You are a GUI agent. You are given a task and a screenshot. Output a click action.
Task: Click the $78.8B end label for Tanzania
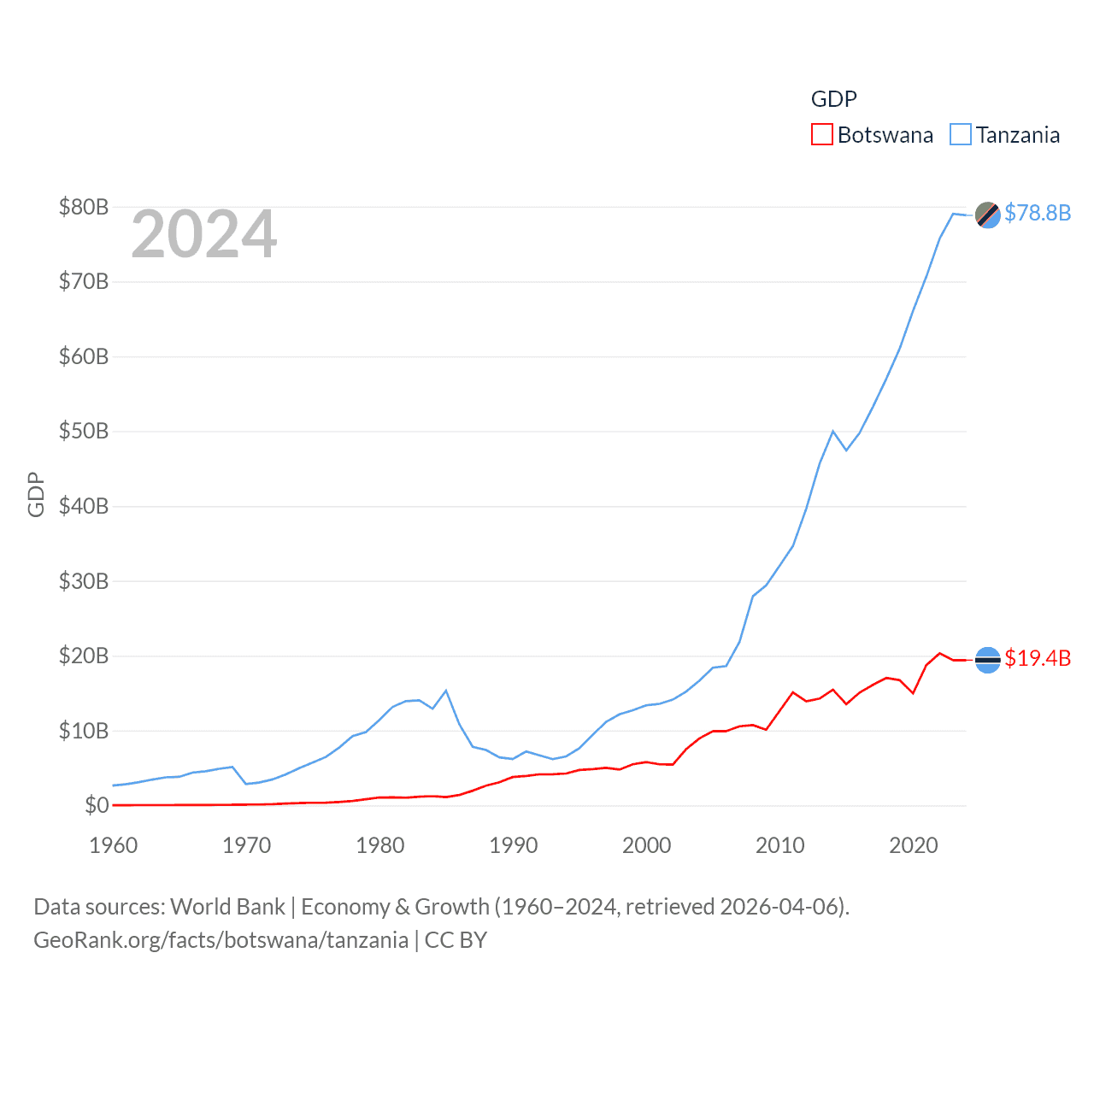pyautogui.click(x=1037, y=213)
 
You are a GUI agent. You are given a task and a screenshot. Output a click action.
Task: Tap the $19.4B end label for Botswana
pyautogui.click(x=1037, y=658)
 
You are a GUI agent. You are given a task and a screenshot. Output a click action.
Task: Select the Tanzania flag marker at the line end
pyautogui.click(x=987, y=215)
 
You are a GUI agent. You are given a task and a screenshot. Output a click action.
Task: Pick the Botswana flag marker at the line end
pyautogui.click(x=987, y=660)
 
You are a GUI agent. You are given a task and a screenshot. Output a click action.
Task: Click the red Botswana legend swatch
pyautogui.click(x=821, y=135)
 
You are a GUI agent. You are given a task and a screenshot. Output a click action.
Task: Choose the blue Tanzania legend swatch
pyautogui.click(x=961, y=135)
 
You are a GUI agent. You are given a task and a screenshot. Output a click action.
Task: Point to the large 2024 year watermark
pyautogui.click(x=203, y=234)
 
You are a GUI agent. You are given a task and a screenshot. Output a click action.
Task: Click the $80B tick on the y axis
pyautogui.click(x=84, y=207)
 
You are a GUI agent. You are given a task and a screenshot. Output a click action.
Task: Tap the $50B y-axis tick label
pyautogui.click(x=84, y=432)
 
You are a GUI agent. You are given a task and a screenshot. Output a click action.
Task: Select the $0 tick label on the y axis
pyautogui.click(x=97, y=805)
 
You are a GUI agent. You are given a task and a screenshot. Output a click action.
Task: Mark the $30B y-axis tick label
pyautogui.click(x=84, y=581)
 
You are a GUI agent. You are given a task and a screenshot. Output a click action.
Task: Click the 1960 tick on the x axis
pyautogui.click(x=114, y=845)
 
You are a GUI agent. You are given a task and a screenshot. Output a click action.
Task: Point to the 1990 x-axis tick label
pyautogui.click(x=514, y=845)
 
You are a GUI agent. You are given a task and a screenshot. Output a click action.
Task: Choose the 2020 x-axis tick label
pyautogui.click(x=914, y=845)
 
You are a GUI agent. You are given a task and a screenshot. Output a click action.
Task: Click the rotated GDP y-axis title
pyautogui.click(x=36, y=494)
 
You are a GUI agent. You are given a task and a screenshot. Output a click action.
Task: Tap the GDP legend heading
pyautogui.click(x=833, y=99)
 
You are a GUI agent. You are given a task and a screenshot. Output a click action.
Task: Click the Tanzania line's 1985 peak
pyautogui.click(x=446, y=691)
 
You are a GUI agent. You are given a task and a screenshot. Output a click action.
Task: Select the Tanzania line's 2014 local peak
pyautogui.click(x=832, y=431)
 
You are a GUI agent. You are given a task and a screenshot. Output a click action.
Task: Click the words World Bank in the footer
pyautogui.click(x=227, y=906)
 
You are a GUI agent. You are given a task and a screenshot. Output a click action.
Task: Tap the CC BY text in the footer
pyautogui.click(x=456, y=940)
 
